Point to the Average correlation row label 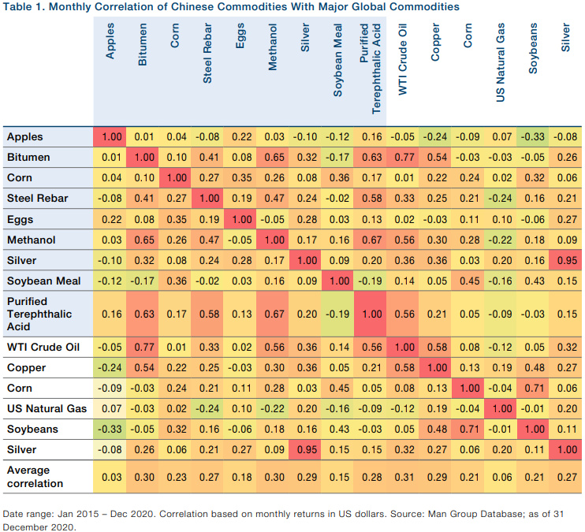tap(35, 477)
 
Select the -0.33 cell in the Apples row tap(532, 136)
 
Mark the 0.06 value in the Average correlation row tap(500, 477)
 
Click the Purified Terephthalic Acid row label tap(39, 314)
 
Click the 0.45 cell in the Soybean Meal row tap(468, 280)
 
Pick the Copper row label tap(25, 368)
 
